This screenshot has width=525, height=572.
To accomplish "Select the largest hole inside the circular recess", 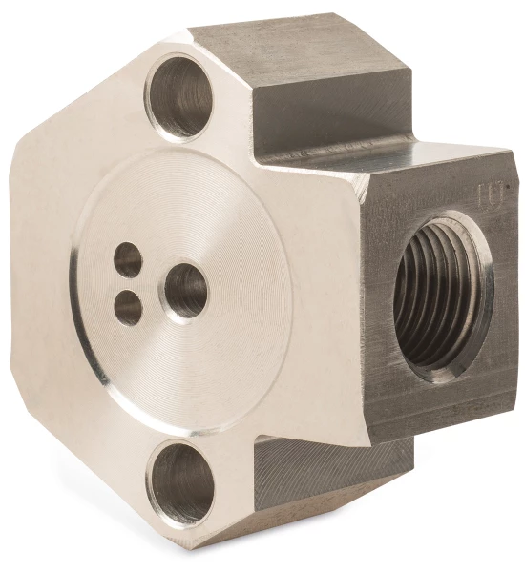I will click(185, 291).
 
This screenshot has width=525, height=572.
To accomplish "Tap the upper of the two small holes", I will click(128, 259).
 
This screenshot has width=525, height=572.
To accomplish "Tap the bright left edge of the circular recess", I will click(76, 286).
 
